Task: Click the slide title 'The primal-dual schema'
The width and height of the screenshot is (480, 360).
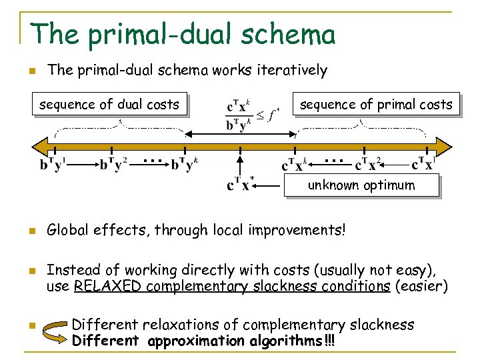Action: pos(183,33)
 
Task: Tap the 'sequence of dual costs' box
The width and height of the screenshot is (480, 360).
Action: pos(109,104)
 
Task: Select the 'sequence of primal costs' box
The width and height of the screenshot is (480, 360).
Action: pos(376,104)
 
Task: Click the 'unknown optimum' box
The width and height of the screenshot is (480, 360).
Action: pos(361,185)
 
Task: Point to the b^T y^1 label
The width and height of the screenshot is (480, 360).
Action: pos(54,163)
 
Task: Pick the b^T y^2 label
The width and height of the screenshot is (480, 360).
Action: pos(113,163)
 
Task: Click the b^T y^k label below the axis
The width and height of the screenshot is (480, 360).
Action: pos(185,163)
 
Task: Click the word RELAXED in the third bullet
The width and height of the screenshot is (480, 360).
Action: pos(108,286)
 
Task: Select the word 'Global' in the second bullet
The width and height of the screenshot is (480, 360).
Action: pos(67,231)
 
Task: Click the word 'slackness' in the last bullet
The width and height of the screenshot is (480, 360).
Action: pos(381,325)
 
